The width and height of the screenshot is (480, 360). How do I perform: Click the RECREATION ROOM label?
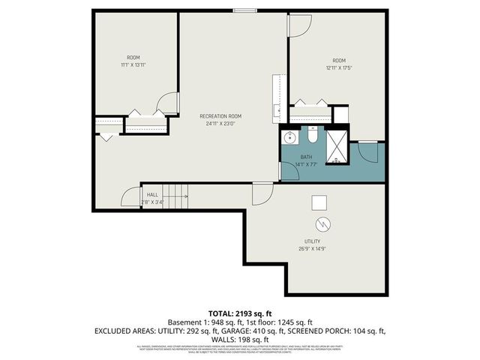(x=220, y=115)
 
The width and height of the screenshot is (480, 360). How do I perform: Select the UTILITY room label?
(x=312, y=241)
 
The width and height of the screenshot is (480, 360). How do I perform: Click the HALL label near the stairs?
(x=152, y=194)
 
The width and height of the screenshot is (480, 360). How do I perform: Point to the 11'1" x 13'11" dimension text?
(x=133, y=65)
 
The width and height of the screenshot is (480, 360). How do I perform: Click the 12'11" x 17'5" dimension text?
(x=339, y=68)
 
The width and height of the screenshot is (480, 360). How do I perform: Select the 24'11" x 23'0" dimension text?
(x=220, y=123)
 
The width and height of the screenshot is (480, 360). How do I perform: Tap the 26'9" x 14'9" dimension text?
(x=312, y=249)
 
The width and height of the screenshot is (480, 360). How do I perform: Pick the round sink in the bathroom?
(x=288, y=138)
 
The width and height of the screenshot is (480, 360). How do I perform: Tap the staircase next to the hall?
(x=176, y=197)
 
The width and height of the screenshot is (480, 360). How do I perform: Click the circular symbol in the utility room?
(x=322, y=223)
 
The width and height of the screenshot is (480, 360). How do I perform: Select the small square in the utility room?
(x=320, y=201)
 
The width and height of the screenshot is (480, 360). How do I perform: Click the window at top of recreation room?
(x=243, y=10)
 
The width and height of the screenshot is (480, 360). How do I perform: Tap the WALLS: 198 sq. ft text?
(x=239, y=339)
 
